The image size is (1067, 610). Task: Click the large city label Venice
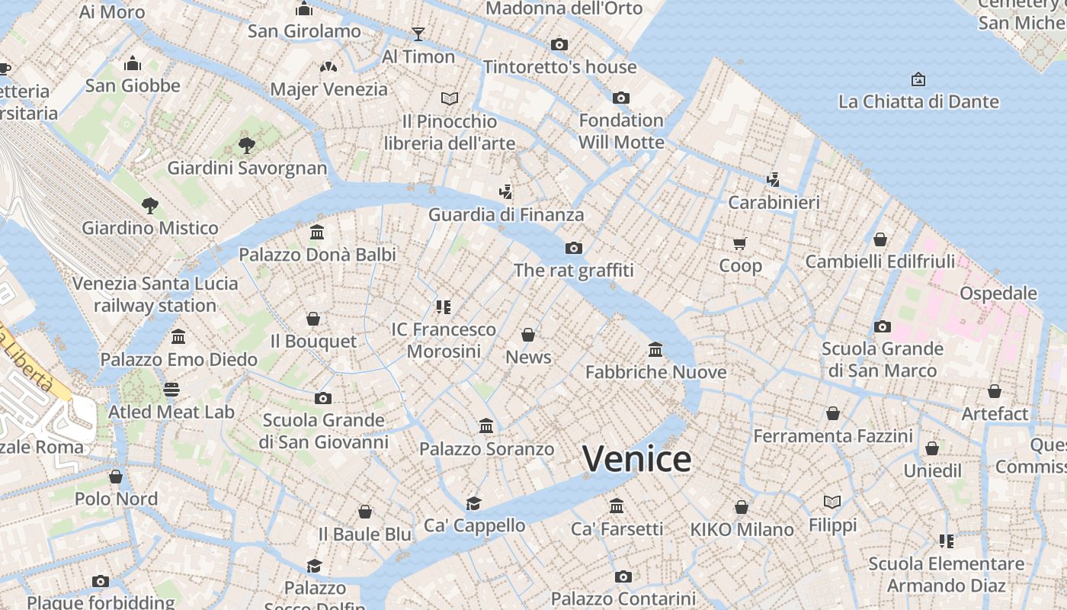click(x=636, y=459)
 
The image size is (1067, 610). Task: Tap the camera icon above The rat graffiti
click(x=574, y=248)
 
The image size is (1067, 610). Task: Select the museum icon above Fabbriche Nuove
click(x=655, y=350)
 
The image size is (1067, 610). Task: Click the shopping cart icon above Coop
click(x=740, y=243)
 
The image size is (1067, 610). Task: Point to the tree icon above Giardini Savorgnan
click(x=246, y=145)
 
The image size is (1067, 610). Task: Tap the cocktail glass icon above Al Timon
click(x=418, y=34)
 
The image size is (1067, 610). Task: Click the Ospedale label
click(x=998, y=294)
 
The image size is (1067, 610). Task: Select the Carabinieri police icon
click(x=774, y=180)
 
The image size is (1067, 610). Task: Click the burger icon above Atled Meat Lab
click(x=171, y=390)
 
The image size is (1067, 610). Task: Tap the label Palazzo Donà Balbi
click(x=318, y=255)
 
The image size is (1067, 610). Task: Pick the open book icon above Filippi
click(x=832, y=502)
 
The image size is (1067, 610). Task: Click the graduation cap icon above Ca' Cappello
click(x=474, y=503)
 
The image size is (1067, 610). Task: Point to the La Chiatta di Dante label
click(x=918, y=101)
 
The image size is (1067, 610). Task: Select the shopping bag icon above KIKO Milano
click(x=742, y=507)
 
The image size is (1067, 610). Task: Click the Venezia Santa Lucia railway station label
click(x=155, y=294)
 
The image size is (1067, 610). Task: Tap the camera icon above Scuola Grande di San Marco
click(x=883, y=327)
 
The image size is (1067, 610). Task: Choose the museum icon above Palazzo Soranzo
click(x=486, y=426)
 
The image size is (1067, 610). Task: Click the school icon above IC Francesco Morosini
click(x=444, y=307)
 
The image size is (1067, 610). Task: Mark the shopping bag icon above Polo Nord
click(x=116, y=477)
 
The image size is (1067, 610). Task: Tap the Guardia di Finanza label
click(x=506, y=215)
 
